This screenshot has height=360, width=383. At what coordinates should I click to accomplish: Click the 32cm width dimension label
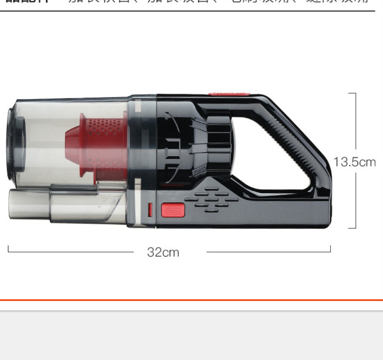163,252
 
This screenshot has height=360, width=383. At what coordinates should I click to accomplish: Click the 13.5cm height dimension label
355,162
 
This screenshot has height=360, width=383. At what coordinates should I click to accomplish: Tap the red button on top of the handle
229,94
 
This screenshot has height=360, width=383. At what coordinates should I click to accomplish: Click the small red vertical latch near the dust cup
150,210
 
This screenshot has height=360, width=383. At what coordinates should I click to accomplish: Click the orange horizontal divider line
191,300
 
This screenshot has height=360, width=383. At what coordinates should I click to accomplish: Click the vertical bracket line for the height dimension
355,120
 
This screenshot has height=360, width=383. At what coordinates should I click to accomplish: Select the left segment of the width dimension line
70,252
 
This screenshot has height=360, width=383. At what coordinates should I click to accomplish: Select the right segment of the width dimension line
268,252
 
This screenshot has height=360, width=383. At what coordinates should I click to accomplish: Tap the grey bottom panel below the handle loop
280,212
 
